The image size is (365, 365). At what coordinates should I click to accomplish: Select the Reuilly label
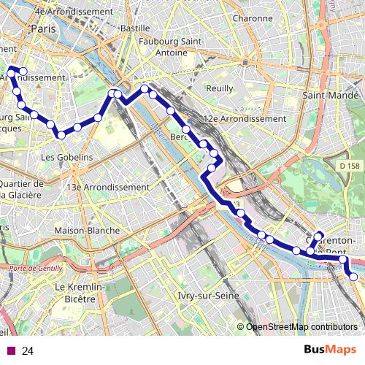point(220,88)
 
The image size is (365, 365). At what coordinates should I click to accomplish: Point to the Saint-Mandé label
point(331,95)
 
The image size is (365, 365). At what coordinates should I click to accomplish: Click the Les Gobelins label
point(66,157)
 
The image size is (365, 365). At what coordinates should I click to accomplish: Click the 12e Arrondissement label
point(245,118)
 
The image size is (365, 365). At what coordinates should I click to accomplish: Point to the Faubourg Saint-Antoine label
point(169,47)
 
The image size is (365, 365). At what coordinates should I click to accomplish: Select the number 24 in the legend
point(28,351)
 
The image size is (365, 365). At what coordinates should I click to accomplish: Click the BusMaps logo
point(330,350)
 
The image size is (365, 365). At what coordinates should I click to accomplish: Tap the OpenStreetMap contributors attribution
point(301,326)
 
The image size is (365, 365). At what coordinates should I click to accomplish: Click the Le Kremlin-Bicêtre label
point(80,293)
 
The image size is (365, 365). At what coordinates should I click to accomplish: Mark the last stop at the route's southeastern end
point(353,277)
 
